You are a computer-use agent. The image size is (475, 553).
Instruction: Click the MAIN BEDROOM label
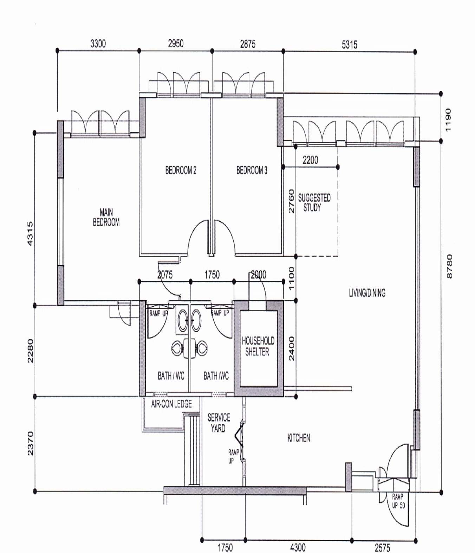[106, 217]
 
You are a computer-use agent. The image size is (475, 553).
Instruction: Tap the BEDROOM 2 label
[181, 170]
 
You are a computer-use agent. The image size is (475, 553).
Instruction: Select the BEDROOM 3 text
[252, 170]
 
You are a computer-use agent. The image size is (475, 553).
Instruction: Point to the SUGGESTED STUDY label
[314, 202]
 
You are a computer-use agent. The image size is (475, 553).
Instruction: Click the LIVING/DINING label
[367, 293]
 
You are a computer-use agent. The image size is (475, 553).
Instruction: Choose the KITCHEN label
[298, 438]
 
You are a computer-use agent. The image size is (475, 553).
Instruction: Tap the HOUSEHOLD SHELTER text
[258, 346]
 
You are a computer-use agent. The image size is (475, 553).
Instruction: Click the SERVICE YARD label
[219, 423]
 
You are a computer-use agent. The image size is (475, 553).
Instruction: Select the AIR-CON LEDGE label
[171, 404]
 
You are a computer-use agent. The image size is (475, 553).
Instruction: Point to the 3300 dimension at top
[98, 44]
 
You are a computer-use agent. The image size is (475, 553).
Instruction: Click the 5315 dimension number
[349, 45]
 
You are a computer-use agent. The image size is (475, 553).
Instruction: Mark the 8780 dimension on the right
[449, 266]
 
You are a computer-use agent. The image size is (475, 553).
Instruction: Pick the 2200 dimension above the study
[310, 160]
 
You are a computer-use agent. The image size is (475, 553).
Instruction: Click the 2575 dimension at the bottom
[382, 548]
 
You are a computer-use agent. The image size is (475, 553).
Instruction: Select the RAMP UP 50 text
[398, 501]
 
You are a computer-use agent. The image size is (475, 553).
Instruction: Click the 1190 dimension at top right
[448, 120]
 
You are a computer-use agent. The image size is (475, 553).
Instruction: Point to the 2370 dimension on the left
[30, 443]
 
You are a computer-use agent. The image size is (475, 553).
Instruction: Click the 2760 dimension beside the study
[291, 201]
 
